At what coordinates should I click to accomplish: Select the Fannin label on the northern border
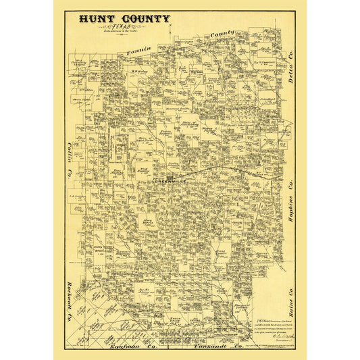pos(136,50)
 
